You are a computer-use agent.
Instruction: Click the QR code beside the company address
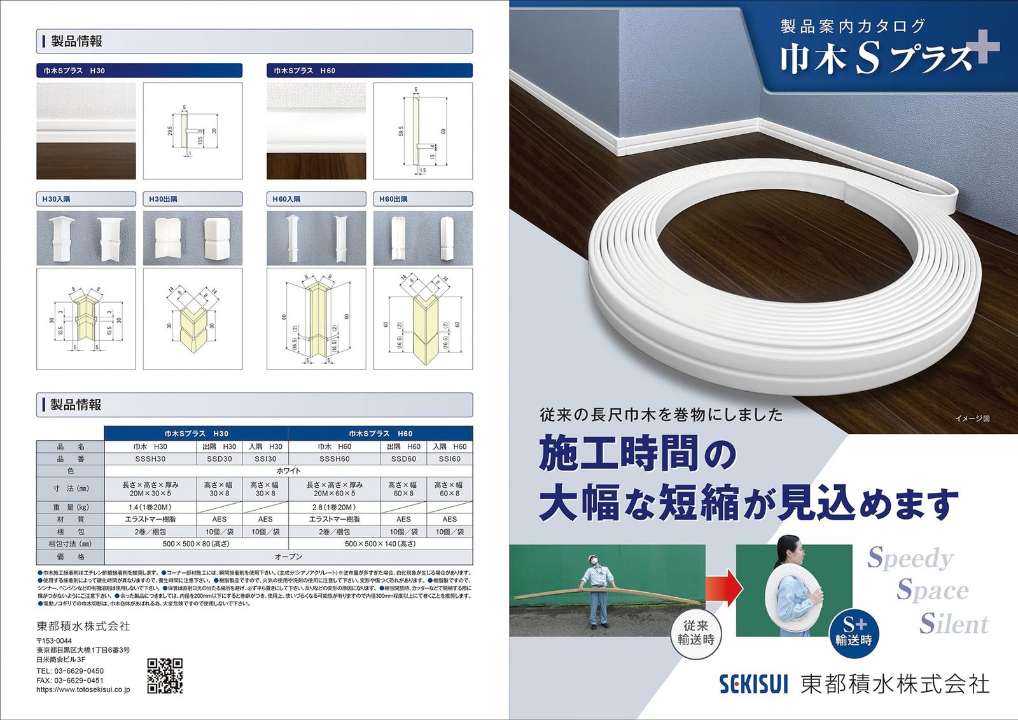click(165, 675)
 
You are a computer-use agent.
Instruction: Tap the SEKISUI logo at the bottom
click(754, 684)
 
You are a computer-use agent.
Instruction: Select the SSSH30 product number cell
click(150, 459)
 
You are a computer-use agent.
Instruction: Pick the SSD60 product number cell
click(403, 459)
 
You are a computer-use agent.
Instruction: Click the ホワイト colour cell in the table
click(288, 471)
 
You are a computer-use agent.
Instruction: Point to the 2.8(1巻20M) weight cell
click(335, 507)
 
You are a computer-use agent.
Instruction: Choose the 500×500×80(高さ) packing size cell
click(196, 544)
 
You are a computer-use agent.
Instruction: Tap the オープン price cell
click(288, 557)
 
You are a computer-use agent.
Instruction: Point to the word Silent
click(954, 623)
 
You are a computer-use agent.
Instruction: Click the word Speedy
click(910, 558)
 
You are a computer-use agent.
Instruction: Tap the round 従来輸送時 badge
click(696, 633)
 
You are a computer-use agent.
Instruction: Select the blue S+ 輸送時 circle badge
click(853, 632)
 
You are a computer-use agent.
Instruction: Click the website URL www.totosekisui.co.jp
click(83, 689)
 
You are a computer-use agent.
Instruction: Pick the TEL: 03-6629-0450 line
click(70, 671)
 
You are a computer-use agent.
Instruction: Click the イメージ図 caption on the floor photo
click(972, 419)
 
